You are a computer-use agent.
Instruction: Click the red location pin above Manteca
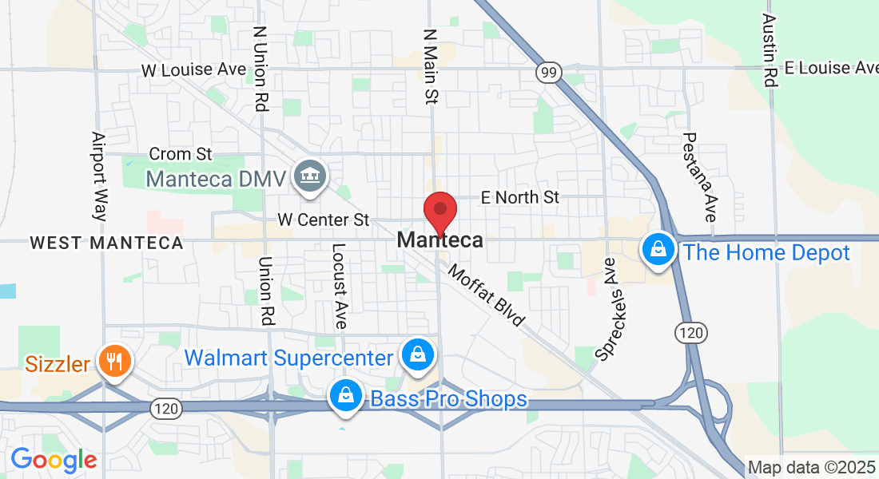(x=439, y=211)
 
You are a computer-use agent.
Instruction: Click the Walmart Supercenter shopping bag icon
(x=417, y=354)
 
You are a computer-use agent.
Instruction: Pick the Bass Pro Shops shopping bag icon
(x=345, y=394)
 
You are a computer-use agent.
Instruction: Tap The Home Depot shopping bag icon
(x=658, y=251)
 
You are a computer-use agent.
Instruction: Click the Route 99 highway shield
(x=548, y=73)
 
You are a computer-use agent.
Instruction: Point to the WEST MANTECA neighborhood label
(x=106, y=243)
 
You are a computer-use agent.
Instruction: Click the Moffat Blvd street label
(x=486, y=295)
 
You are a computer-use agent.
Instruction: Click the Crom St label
(x=181, y=153)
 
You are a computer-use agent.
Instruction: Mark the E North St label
(x=519, y=197)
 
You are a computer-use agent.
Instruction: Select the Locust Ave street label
(x=339, y=287)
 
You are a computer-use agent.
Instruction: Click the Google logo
(x=54, y=460)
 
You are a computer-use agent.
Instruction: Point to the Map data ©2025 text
(x=811, y=468)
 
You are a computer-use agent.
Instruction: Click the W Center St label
(x=323, y=219)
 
